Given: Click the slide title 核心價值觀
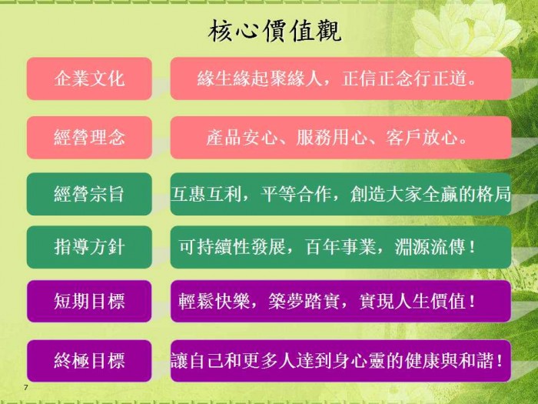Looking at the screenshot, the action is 274,32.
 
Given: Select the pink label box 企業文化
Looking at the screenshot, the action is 89,78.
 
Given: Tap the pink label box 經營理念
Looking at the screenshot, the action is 89,138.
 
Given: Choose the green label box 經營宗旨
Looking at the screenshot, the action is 89,194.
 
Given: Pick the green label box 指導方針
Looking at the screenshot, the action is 89,247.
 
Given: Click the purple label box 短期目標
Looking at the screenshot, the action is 89,302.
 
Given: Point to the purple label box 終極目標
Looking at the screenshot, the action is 89,361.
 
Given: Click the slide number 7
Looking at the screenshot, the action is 25,388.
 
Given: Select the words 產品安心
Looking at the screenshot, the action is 241,138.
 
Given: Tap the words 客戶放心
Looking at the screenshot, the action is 421,138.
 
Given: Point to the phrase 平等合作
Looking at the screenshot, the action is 295,194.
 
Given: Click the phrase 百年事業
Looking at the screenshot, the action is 340,247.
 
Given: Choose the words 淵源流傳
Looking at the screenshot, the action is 430,247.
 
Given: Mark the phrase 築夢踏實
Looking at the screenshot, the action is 304,302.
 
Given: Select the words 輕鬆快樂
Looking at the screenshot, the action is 214,302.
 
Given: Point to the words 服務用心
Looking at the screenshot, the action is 331,138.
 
